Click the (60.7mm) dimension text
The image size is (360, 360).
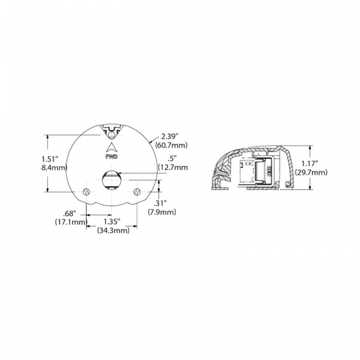tap(171, 145)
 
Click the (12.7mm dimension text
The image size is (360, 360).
tap(173, 168)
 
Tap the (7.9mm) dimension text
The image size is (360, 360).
tap(162, 212)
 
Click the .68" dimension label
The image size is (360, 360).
tap(70, 212)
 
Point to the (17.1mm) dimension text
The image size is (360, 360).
tap(71, 221)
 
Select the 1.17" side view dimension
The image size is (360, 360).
tap(310, 163)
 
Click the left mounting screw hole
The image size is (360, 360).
tap(85, 191)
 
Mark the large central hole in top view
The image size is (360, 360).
tap(111, 179)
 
